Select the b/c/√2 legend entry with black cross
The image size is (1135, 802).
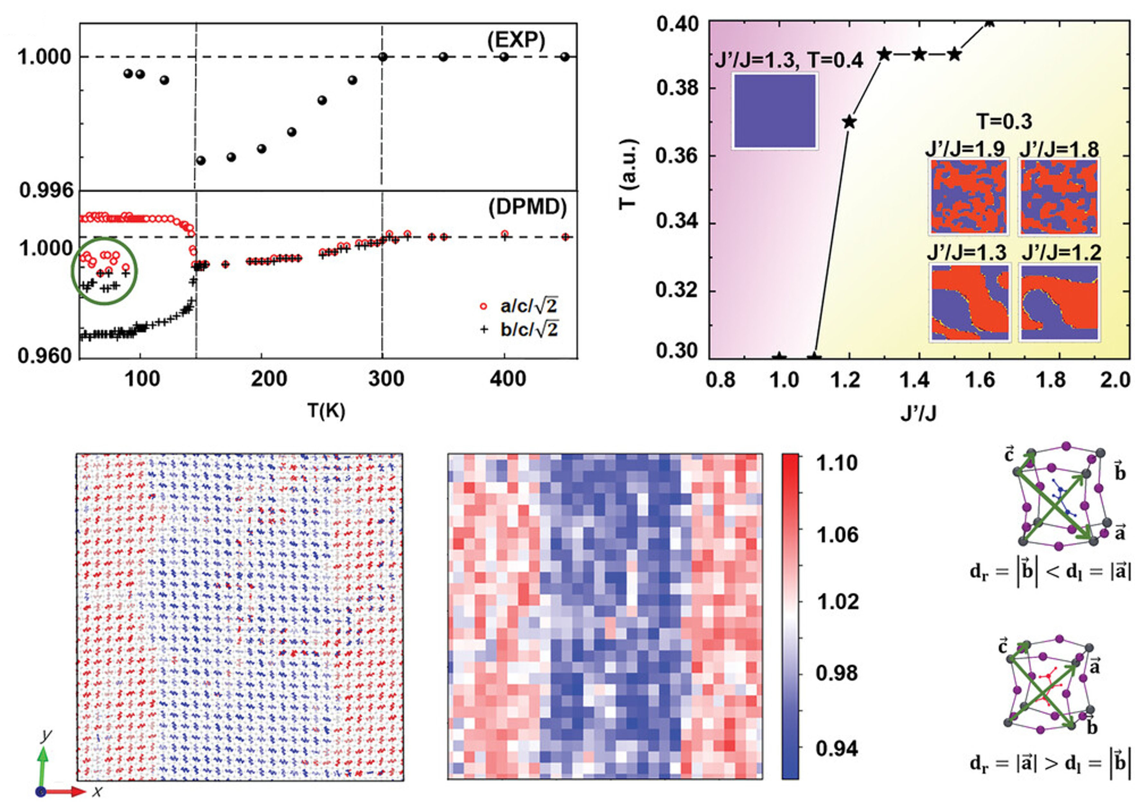[x=519, y=330]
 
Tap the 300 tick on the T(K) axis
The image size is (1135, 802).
[x=386, y=379]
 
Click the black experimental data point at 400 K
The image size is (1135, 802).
[x=504, y=57]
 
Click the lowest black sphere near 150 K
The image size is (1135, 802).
[x=201, y=161]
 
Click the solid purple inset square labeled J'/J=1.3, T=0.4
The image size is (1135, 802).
[x=774, y=111]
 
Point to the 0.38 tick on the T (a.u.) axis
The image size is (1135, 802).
[x=677, y=88]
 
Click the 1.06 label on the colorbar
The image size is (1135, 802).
[x=837, y=535]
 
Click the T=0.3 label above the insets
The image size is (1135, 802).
[x=1005, y=121]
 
